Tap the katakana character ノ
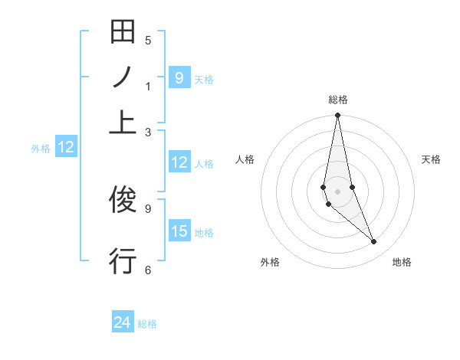[x=123, y=77]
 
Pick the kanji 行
[x=123, y=260]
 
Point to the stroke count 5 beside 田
[x=148, y=41]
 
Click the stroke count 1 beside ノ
[x=148, y=87]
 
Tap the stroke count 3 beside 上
[x=148, y=132]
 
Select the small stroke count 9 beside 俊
[x=148, y=207]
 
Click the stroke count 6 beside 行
[x=148, y=269]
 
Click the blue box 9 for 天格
[x=179, y=77]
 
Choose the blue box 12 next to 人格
[x=179, y=162]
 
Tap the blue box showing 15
[x=179, y=231]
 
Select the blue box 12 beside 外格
[x=66, y=148]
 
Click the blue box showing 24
[x=123, y=322]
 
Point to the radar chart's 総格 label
[x=338, y=100]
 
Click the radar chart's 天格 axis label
[x=431, y=159]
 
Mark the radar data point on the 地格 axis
[x=374, y=242]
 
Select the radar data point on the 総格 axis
[x=337, y=116]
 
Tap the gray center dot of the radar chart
[x=337, y=191]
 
